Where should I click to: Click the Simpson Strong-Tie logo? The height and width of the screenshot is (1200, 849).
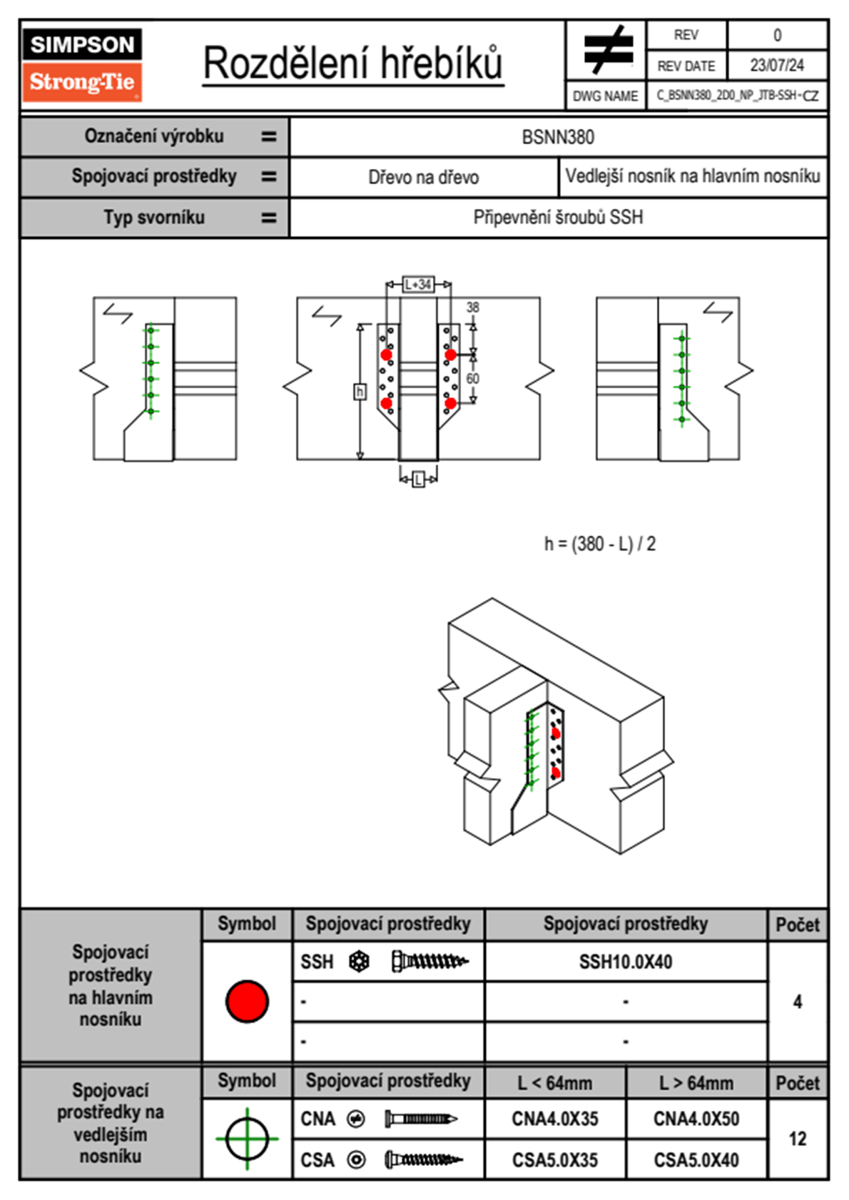82,64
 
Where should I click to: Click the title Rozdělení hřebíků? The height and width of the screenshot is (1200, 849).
353,63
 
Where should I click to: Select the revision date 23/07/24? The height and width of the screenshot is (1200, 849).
776,66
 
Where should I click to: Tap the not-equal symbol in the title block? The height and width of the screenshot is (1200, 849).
607,50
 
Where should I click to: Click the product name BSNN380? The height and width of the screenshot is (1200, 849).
558,137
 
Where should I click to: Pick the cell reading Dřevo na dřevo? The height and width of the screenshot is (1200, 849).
423,178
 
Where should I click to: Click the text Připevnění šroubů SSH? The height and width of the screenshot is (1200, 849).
558,218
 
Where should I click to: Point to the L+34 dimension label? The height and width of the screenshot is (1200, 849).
418,284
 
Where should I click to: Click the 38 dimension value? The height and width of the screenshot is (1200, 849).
473,307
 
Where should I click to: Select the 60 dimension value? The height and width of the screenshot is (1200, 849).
473,378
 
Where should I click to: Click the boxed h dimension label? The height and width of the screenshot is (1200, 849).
360,392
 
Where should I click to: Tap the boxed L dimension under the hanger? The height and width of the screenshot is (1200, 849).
419,479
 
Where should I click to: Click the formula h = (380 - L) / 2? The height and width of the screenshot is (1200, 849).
599,544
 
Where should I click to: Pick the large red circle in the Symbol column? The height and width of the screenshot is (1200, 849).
247,1001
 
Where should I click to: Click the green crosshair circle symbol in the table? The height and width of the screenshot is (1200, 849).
247,1139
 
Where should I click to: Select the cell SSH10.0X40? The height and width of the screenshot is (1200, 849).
626,962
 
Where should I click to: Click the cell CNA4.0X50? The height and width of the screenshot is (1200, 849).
696,1119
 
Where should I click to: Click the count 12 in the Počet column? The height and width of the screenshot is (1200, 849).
798,1139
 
